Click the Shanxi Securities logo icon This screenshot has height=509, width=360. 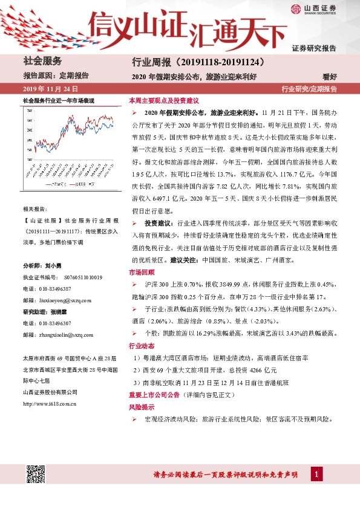(295, 8)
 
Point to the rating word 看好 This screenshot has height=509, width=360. (330, 76)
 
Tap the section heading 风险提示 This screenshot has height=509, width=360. (140, 407)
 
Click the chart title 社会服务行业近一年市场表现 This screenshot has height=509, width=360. (58, 100)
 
